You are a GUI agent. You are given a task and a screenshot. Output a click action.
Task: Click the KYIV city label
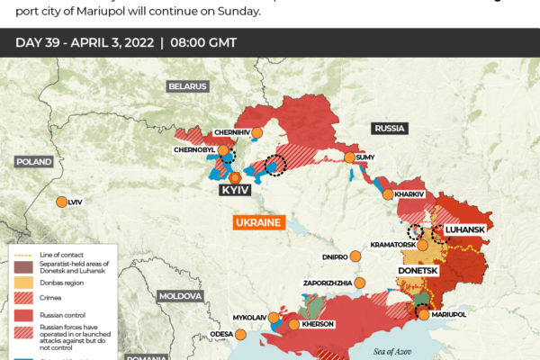click(x=234, y=191)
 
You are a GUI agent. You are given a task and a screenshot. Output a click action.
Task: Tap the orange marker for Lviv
click(x=61, y=202)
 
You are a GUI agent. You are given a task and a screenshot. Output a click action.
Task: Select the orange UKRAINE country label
click(x=258, y=222)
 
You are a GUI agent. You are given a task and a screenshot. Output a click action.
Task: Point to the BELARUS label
click(x=187, y=86)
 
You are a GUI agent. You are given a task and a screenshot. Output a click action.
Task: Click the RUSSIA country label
click(x=389, y=129)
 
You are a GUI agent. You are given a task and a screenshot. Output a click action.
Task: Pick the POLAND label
click(x=33, y=161)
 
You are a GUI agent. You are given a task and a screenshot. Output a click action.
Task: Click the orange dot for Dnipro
click(x=355, y=256)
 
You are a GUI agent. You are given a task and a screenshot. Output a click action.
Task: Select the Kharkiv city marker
click(x=388, y=193)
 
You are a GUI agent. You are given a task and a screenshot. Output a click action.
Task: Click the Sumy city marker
click(x=349, y=157)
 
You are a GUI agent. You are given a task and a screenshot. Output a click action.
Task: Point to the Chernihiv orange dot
click(x=256, y=132)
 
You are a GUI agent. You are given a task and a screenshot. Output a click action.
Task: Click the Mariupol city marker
click(x=423, y=313)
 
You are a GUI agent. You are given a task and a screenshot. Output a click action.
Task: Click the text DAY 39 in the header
click(x=40, y=42)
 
